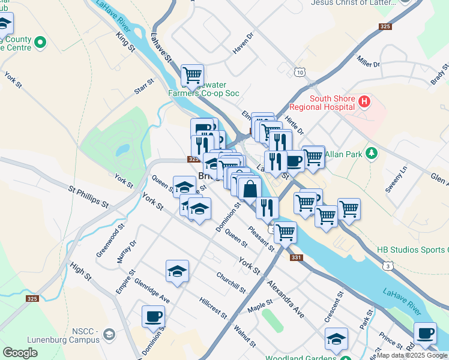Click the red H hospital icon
point(364,101)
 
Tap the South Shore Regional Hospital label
point(330,103)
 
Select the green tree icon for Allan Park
point(372,154)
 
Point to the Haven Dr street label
point(244,44)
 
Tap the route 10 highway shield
point(300,72)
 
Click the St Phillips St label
point(88,197)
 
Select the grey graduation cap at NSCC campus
point(109,334)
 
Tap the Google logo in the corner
point(20,352)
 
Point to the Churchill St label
point(231,283)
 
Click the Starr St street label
point(145,86)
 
